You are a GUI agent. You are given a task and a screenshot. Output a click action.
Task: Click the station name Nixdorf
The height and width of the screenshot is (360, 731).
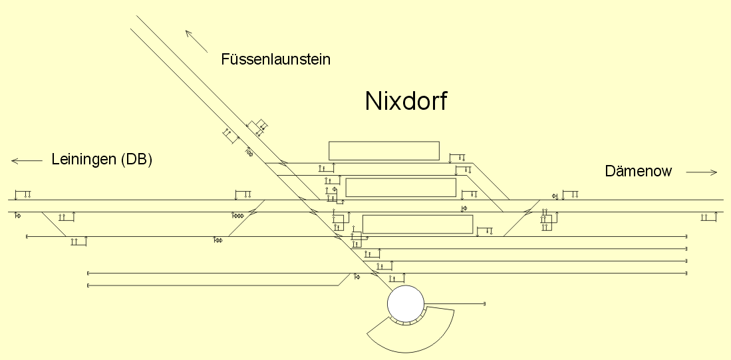click(x=406, y=101)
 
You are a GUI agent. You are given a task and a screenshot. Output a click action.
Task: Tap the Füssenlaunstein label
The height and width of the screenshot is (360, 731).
click(x=275, y=60)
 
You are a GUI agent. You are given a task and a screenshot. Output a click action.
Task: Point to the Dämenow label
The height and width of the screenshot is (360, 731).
click(x=639, y=172)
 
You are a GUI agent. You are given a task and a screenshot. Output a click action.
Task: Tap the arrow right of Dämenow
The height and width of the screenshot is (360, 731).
click(x=702, y=172)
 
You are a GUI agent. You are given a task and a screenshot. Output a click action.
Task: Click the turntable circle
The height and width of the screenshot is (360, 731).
click(x=406, y=303)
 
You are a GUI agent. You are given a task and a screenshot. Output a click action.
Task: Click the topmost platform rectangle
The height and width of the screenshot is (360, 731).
click(x=384, y=150)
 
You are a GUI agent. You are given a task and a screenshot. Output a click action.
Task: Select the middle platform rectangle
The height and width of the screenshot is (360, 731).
click(x=400, y=187)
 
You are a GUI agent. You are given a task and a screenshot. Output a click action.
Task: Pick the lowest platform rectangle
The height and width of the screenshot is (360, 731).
click(x=417, y=224)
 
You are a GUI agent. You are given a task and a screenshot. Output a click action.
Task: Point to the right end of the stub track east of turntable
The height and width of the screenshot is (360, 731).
click(x=485, y=303)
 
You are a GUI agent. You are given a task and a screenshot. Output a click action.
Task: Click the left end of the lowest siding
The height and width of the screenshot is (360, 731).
click(x=88, y=285)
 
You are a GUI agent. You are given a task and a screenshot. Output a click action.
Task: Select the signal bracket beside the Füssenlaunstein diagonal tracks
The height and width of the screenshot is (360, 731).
click(x=231, y=136)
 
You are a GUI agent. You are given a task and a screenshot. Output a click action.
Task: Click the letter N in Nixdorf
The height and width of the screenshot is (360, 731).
click(x=374, y=101)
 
